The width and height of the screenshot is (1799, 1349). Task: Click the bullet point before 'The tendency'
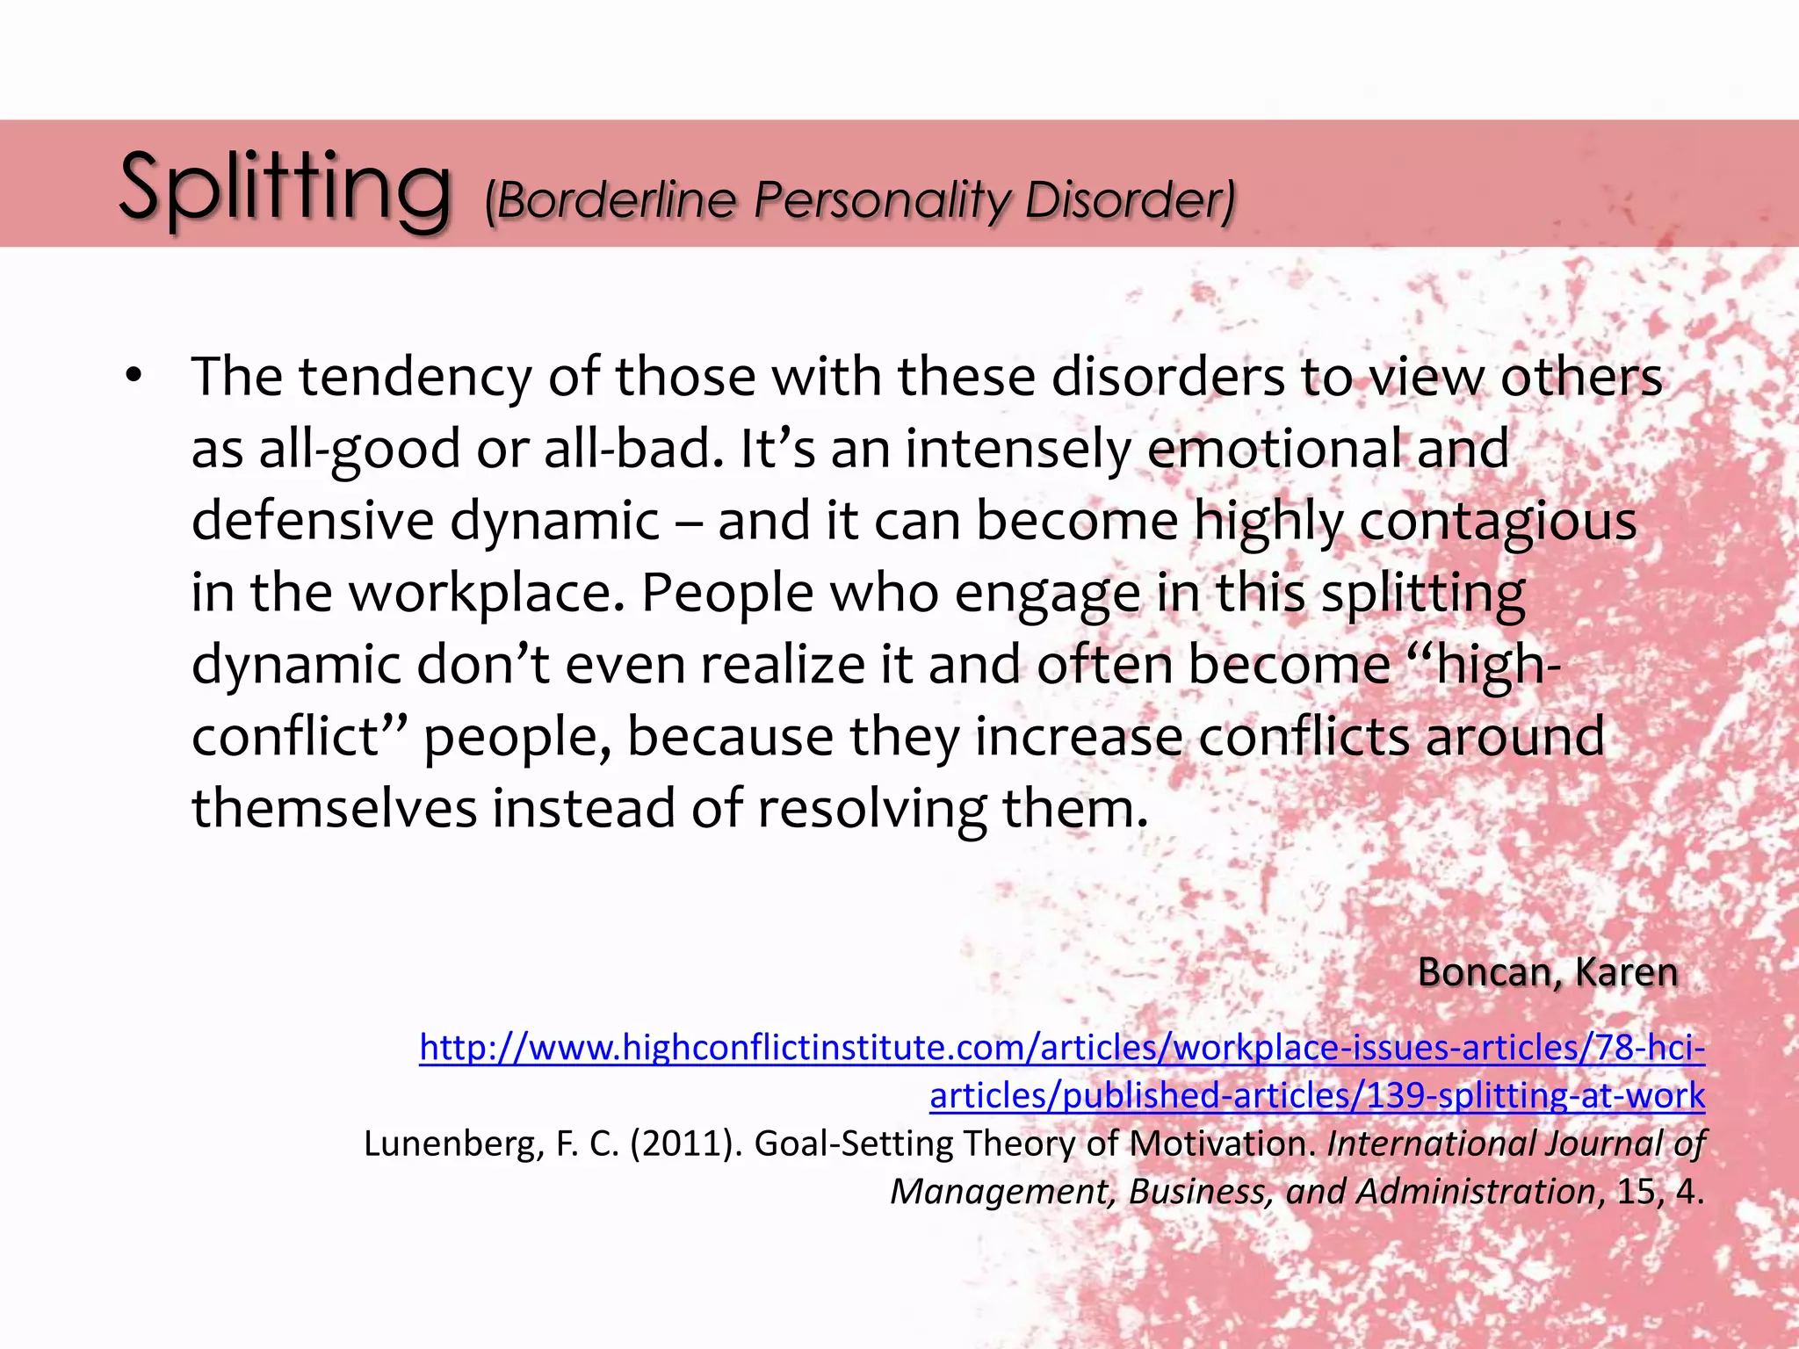click(133, 377)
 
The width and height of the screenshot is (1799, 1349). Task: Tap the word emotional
click(1274, 449)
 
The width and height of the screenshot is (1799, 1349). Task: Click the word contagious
click(1498, 521)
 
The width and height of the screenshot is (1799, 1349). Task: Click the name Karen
click(1626, 972)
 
